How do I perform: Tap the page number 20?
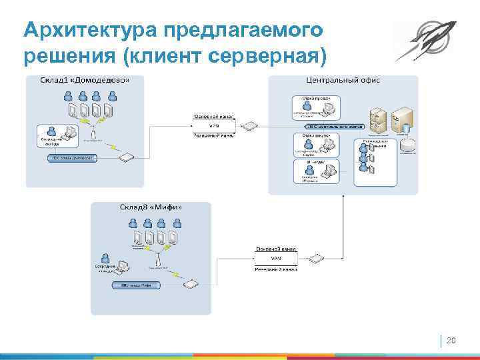coord(451,341)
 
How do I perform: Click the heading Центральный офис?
coord(343,80)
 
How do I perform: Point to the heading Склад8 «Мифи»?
coord(151,207)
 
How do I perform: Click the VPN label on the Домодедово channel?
coord(213,125)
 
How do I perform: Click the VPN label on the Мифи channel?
coord(275,258)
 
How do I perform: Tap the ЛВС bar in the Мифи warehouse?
coord(136,285)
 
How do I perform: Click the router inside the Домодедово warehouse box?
coord(125,157)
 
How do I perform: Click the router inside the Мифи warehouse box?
coord(191,285)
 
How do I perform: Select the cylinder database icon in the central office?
coord(408,144)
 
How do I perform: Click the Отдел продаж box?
coord(315,107)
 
